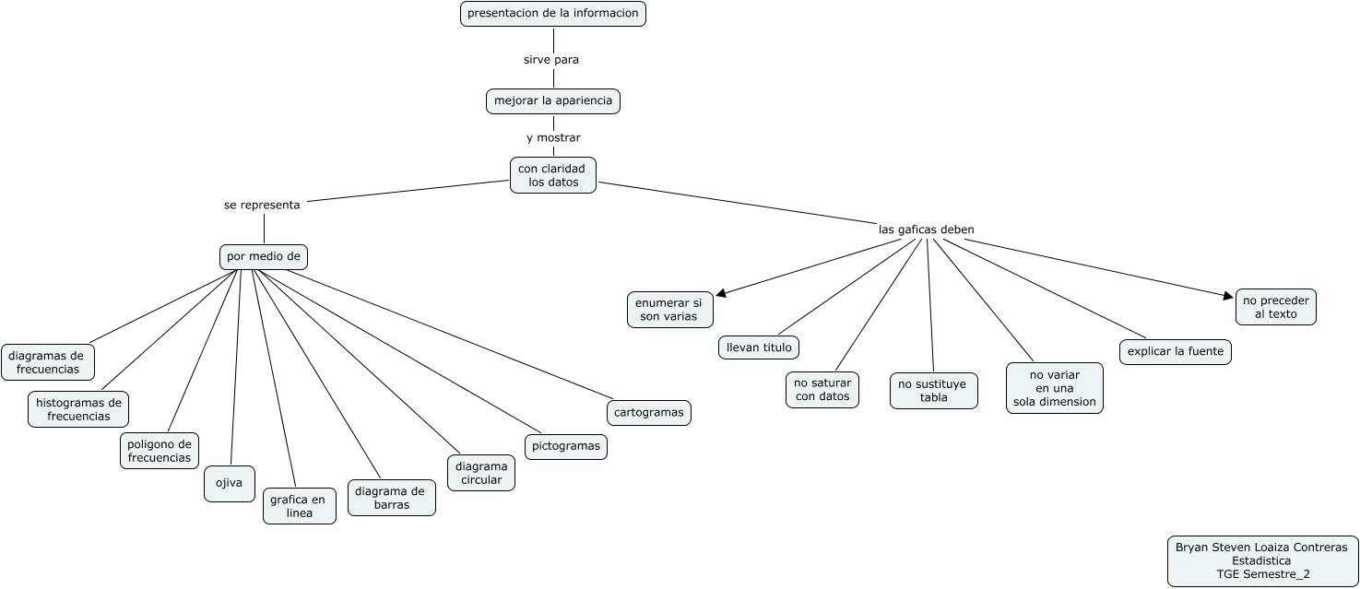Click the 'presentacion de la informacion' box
pos(553,14)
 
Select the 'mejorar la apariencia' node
pos(553,100)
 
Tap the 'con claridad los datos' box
pos(553,175)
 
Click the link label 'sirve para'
pos(551,59)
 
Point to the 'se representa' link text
pos(262,205)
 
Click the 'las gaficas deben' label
pos(927,229)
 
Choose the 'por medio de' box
pos(264,256)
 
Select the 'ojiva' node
pos(229,483)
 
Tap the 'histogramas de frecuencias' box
pos(78,409)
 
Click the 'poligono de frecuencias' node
pos(160,451)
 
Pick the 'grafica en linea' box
pos(299,506)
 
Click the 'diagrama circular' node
pos(481,473)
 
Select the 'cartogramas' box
pos(649,412)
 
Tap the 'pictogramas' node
pos(566,446)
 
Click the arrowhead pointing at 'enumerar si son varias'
pos(720,293)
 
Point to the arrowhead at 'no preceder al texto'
pos(1228,296)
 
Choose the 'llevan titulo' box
pos(759,347)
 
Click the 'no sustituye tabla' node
pos(933,391)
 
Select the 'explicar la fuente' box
pos(1176,352)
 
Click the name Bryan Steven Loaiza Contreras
pos(1260,547)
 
